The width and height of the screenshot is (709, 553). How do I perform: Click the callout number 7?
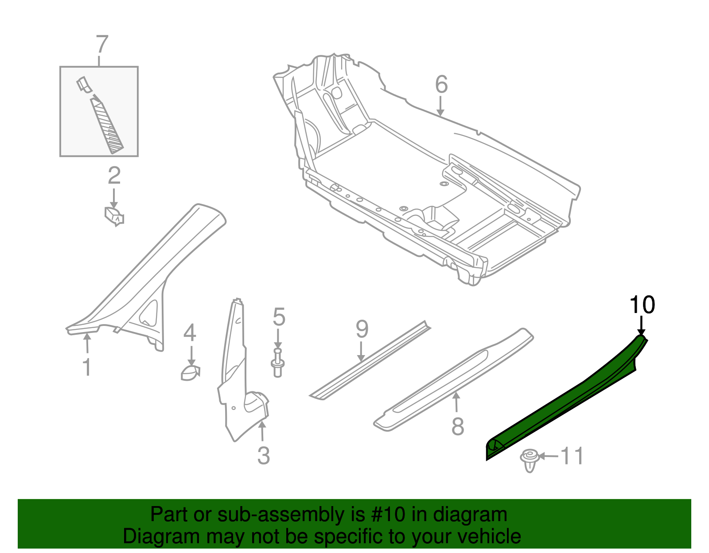[x=102, y=44]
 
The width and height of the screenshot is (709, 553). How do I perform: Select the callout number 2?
[x=114, y=176]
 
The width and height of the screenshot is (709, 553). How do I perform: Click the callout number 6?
[x=441, y=84]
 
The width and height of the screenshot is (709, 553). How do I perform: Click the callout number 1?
[x=87, y=367]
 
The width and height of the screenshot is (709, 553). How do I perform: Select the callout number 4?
[x=190, y=333]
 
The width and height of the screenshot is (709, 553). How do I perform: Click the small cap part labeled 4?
[x=190, y=373]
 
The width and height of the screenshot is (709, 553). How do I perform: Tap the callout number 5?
[x=279, y=317]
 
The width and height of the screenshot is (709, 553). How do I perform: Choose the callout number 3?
[x=264, y=456]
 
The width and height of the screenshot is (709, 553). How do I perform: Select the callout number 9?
[x=362, y=329]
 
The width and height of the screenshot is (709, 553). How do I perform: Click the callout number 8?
[x=457, y=426]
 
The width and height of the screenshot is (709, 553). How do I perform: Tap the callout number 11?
[x=572, y=456]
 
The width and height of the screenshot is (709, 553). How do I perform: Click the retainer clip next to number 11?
[x=530, y=460]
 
